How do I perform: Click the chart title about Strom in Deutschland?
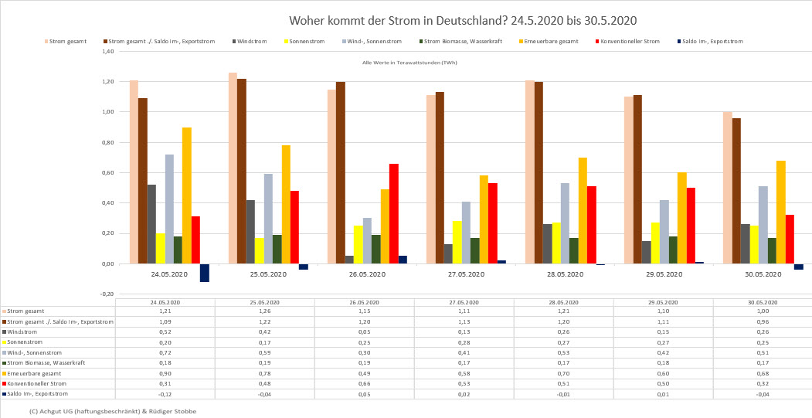[x=463, y=20]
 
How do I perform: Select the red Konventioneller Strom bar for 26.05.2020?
[x=393, y=213]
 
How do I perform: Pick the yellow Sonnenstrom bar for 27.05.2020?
[x=457, y=242]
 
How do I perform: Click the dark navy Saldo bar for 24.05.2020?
[x=204, y=272]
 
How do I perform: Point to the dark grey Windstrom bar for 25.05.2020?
[x=250, y=232]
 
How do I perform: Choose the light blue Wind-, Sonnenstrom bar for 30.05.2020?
[x=763, y=225]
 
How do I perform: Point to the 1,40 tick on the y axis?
[x=107, y=52]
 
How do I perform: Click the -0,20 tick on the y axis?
[x=107, y=294]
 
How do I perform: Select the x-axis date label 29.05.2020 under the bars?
[x=664, y=274]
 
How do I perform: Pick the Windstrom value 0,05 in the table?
[x=365, y=331]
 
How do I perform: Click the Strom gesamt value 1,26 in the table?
[x=264, y=311]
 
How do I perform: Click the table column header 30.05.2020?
[x=763, y=301]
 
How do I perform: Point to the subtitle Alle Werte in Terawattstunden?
[x=409, y=63]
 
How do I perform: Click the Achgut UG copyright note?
[x=112, y=411]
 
